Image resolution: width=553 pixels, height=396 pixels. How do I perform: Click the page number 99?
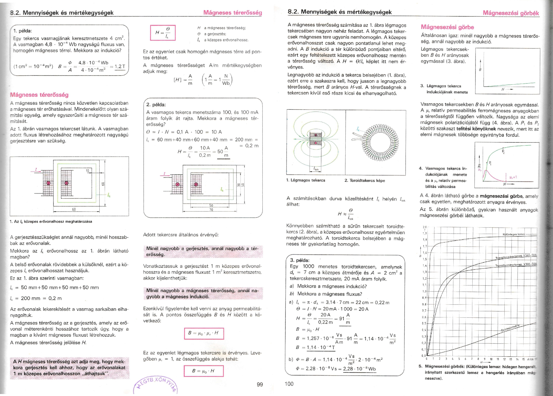[260, 384]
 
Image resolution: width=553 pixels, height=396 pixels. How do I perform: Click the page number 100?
[289, 384]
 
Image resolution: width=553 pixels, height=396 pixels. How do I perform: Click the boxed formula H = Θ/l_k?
[163, 33]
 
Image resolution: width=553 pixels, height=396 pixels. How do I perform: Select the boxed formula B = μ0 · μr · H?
[204, 333]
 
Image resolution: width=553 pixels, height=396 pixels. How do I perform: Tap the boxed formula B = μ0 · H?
[203, 371]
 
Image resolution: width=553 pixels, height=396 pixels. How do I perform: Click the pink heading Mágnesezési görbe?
[447, 27]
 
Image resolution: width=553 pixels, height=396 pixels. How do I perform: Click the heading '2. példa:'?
[156, 104]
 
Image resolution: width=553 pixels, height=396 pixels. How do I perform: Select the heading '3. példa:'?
[300, 260]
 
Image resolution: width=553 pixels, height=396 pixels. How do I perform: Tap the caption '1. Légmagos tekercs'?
[306, 180]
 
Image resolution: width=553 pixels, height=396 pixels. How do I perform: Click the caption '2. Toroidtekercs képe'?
[365, 181]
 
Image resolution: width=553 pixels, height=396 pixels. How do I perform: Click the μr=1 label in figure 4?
[513, 177]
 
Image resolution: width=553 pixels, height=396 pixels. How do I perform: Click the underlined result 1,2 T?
[120, 67]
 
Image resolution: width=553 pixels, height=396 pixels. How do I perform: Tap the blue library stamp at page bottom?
[156, 384]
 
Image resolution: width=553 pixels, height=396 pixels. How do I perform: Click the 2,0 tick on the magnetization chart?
[424, 227]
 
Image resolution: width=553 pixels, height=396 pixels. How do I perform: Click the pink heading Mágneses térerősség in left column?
[39, 95]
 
